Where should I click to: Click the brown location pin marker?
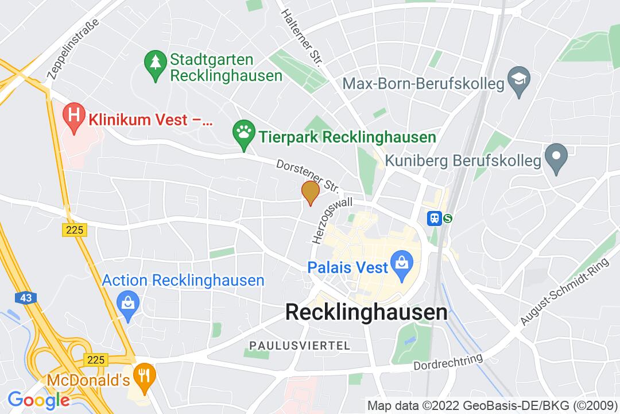(311, 192)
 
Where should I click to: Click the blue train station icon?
(433, 218)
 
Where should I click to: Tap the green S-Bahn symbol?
(447, 218)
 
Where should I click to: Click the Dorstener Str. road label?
(308, 176)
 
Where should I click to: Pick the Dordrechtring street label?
(448, 363)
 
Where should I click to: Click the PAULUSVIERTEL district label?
(299, 346)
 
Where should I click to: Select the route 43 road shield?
(25, 297)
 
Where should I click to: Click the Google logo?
(38, 399)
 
